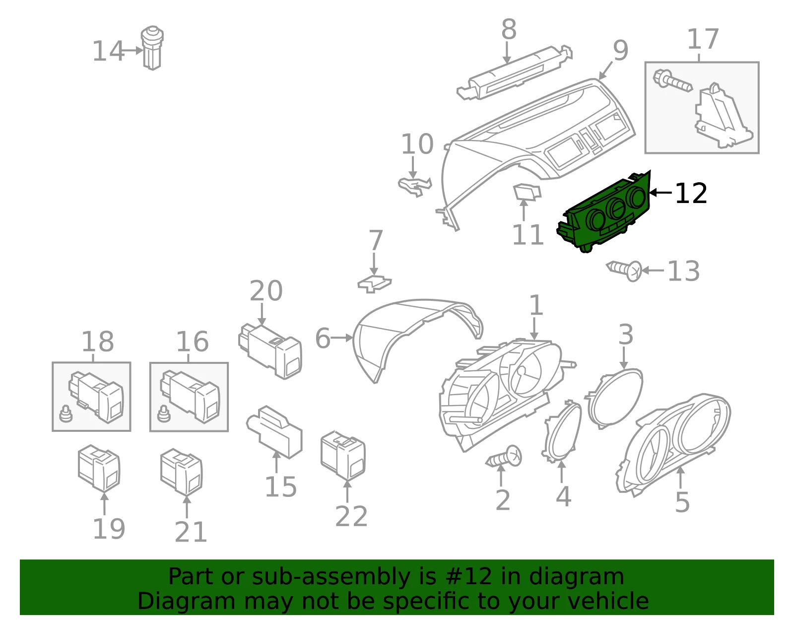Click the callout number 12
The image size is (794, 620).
(691, 193)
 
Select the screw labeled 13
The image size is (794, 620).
(624, 271)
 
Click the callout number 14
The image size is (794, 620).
(108, 51)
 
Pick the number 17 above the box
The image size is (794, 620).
(703, 39)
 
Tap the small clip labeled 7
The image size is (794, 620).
(375, 284)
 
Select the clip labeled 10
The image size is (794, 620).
(415, 186)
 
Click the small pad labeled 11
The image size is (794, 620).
(527, 192)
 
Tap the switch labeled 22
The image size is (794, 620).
(343, 455)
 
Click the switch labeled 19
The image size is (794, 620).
(99, 468)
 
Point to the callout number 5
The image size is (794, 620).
(682, 502)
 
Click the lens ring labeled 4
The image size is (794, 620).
(562, 431)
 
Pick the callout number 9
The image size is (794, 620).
(620, 51)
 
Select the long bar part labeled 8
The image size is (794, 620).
(515, 72)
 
